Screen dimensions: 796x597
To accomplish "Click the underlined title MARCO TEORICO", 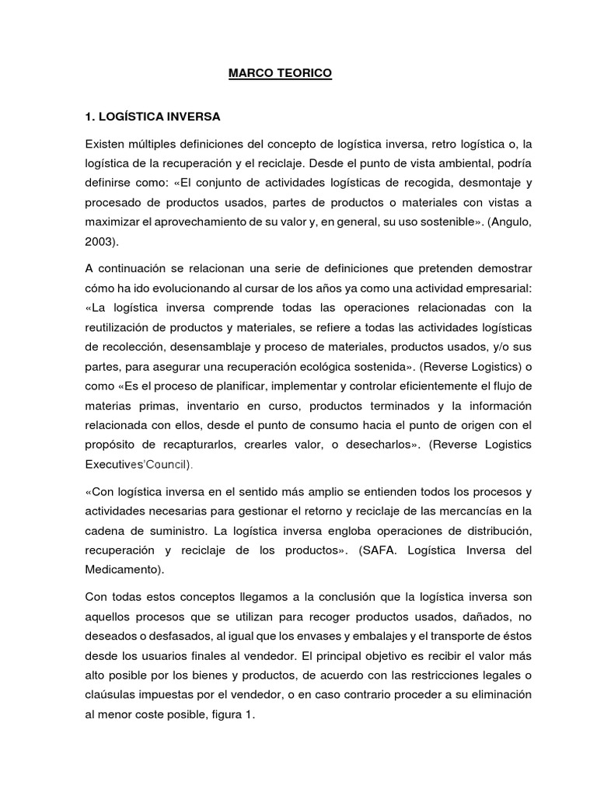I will point(280,73).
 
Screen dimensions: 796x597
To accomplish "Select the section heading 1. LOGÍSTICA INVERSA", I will point(152,117).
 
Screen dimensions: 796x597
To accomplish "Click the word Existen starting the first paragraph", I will point(106,145).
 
